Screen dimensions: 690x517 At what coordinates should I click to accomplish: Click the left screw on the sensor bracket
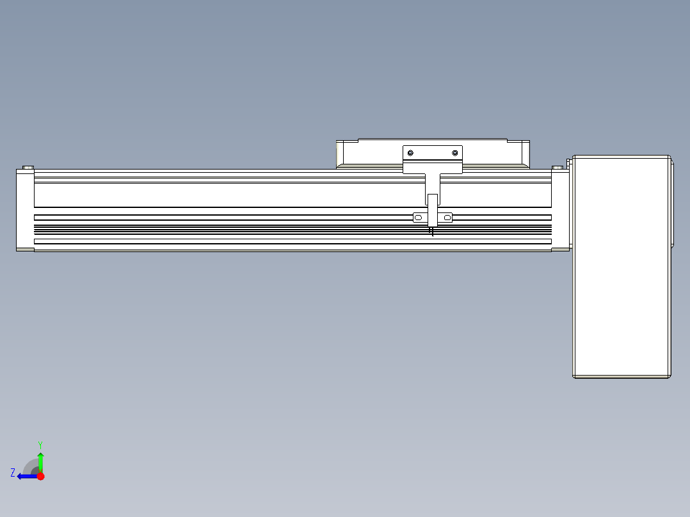[410, 153]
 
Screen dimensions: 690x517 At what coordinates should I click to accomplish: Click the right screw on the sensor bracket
[455, 153]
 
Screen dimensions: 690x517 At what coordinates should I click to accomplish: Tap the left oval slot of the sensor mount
[418, 218]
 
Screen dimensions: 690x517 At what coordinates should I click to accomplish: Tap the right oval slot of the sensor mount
[447, 218]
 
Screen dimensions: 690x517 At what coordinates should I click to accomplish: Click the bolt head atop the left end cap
[28, 168]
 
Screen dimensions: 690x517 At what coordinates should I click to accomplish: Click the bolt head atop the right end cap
[558, 168]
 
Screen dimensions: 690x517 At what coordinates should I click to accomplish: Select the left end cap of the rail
[25, 209]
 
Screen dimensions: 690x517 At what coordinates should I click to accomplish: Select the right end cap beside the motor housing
[561, 209]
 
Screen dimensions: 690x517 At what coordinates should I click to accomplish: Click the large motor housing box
[622, 267]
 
